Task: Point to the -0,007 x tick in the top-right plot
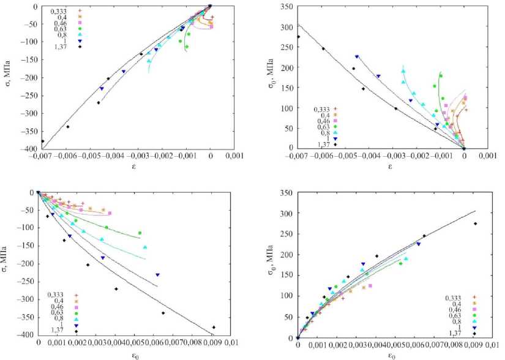pyautogui.click(x=298, y=157)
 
